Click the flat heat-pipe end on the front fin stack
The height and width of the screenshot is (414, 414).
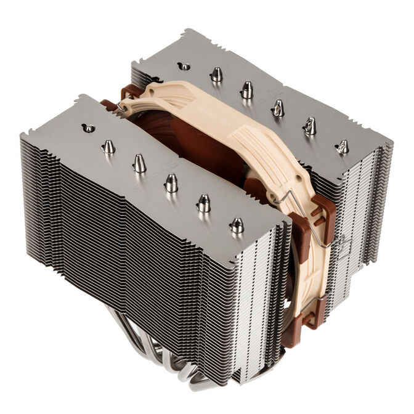(89, 128)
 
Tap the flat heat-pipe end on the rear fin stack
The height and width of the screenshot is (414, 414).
(185, 65)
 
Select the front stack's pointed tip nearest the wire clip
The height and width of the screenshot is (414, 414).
(236, 225)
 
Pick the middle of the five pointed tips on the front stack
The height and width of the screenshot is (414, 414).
(171, 182)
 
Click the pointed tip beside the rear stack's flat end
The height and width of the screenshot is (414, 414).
(216, 75)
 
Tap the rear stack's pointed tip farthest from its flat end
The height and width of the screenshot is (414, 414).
(343, 147)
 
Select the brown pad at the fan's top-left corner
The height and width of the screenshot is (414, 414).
(131, 92)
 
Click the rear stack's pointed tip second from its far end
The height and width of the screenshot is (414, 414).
(309, 126)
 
